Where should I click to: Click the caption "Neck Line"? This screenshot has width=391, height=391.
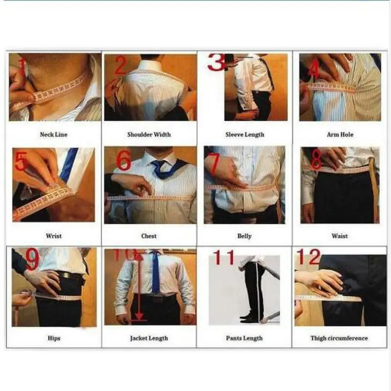point(53,134)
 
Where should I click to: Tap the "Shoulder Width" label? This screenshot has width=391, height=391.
point(149,134)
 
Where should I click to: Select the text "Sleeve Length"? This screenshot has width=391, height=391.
point(244,134)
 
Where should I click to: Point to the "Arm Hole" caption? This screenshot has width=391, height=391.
point(340,134)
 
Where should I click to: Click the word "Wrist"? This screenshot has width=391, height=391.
point(54,236)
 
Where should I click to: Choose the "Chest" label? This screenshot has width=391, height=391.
point(149,236)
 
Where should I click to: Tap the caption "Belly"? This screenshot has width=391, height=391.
point(244,236)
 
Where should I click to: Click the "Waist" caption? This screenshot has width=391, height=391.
point(340,236)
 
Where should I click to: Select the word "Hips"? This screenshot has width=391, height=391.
point(54,338)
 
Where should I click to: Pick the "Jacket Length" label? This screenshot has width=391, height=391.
point(149,338)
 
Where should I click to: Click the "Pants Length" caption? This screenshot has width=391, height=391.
point(244,338)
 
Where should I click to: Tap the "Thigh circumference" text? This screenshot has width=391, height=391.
point(340,338)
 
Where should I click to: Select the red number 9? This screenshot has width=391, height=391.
point(32,260)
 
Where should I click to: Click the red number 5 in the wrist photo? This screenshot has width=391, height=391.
point(21,162)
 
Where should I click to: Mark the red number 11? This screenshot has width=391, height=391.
point(223,257)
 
